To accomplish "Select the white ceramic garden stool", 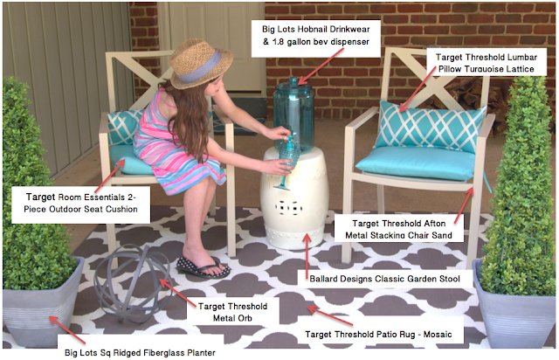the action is (x=293, y=198).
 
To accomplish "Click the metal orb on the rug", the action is (x=132, y=283).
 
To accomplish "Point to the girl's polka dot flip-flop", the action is (x=204, y=267).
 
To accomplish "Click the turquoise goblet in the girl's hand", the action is (x=287, y=162).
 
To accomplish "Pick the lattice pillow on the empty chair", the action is (x=429, y=127).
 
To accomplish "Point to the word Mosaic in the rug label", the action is (x=438, y=335).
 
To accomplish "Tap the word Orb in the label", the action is (x=245, y=318).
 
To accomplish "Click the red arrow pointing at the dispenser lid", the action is (x=321, y=66).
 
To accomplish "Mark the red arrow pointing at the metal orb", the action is (x=177, y=294).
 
